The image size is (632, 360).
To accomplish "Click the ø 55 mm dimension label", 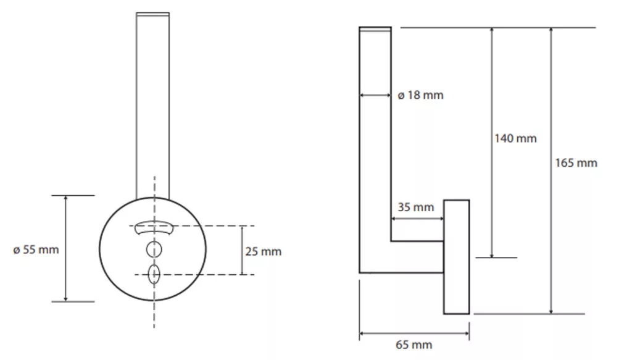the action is tap(36, 249).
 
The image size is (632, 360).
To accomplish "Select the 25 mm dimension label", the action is tap(263, 251).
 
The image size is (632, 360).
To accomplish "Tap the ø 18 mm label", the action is tap(420, 95).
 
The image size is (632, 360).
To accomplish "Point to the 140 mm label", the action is tap(515, 139).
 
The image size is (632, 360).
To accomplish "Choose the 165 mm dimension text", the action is tap(576, 163).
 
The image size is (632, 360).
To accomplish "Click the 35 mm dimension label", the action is tap(415, 207).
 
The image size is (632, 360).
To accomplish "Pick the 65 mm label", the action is tap(414, 345).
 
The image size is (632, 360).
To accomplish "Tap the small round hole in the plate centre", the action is tap(154, 249).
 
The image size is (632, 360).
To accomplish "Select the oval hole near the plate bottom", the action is tap(154, 275).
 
